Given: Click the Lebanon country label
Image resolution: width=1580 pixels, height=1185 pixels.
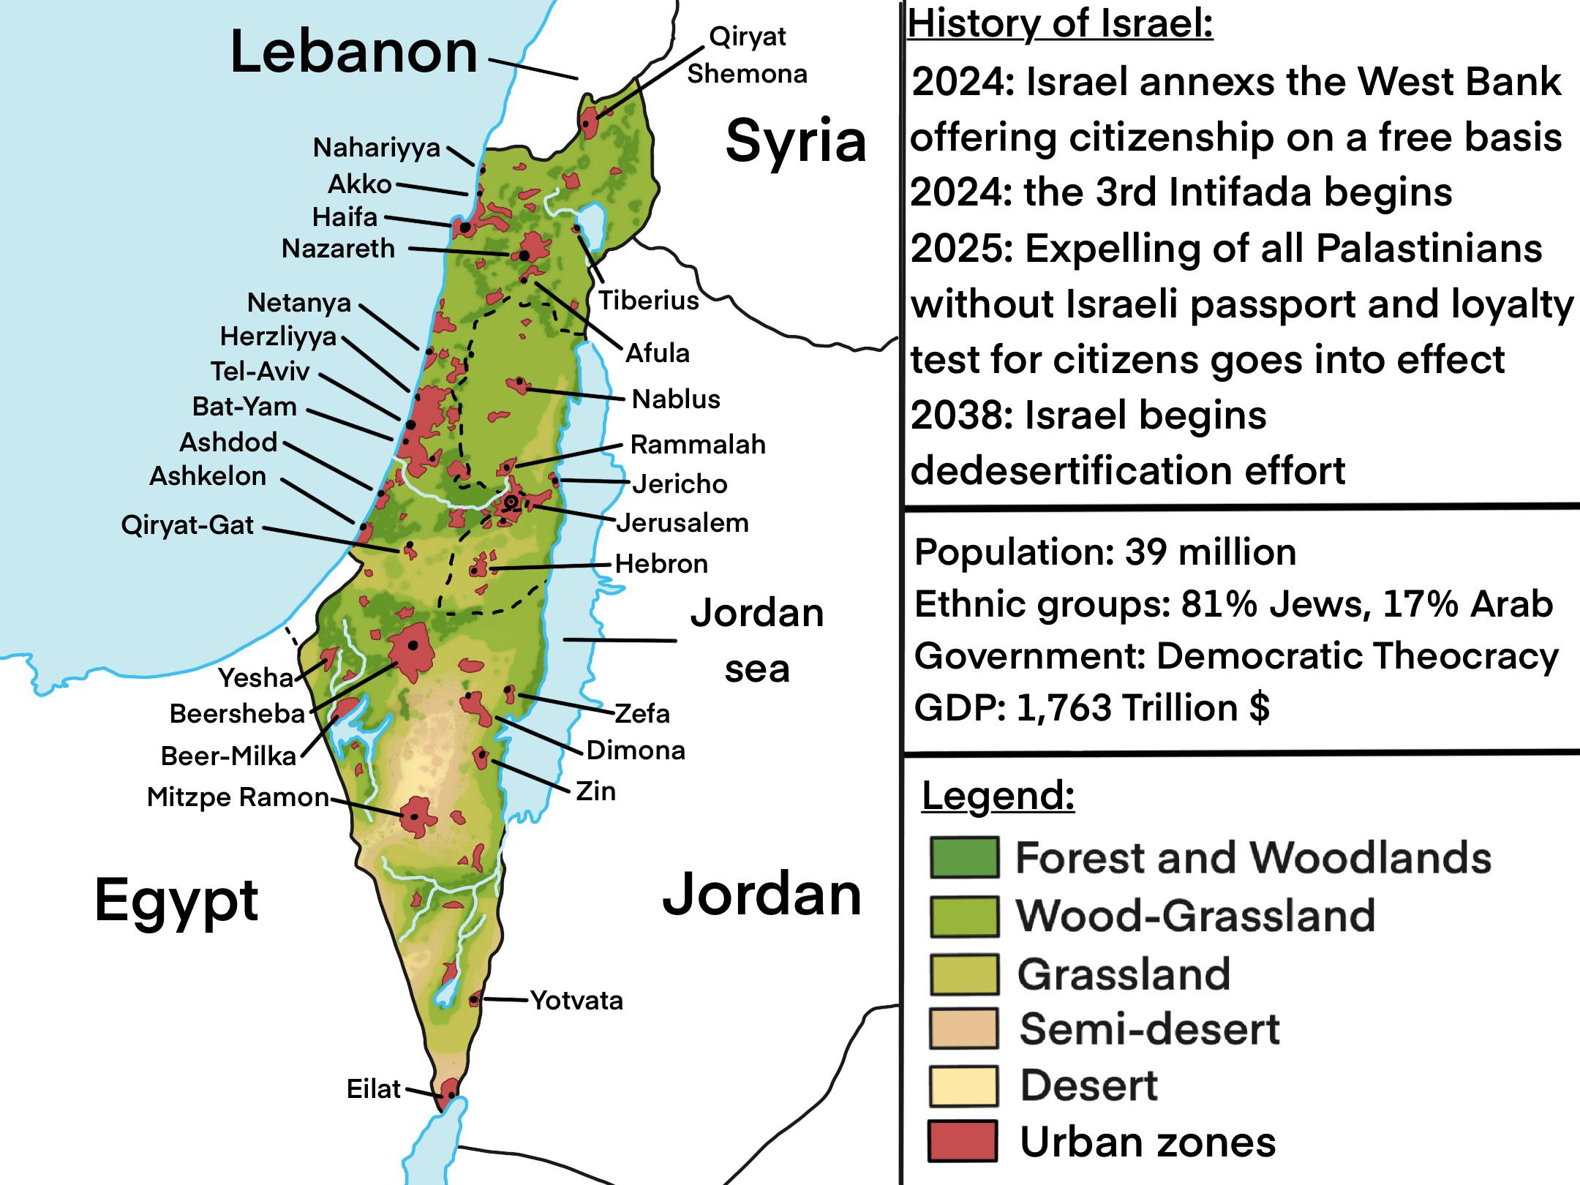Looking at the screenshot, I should coord(353,53).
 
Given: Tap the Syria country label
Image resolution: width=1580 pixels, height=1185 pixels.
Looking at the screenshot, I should coord(795,140).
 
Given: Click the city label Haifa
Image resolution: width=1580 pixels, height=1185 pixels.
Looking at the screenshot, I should coord(345,217).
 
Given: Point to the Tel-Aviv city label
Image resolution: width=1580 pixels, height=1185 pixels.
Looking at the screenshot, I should coord(260,372).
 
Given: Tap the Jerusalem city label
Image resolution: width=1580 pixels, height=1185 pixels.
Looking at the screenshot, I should coord(682,523).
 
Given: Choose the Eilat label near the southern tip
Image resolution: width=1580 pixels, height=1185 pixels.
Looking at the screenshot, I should coord(373,1089).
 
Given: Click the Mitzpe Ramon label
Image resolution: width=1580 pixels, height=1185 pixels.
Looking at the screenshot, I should coord(238,797).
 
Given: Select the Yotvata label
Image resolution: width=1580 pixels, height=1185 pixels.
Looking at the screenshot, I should coord(576,1001).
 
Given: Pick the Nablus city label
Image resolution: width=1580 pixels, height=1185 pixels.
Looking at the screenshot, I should coord(676,399).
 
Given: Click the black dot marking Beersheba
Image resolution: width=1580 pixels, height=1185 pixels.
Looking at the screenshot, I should coord(413,645).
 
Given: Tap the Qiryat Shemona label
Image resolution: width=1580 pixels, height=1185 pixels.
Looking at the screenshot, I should coord(747,55).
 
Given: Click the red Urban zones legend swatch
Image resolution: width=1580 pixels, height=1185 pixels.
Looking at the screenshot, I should coord(963,1141).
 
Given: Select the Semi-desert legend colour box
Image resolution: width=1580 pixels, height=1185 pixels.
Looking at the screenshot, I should coord(964,1028).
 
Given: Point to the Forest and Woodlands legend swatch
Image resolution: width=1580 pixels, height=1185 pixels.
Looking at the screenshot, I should coord(964,857).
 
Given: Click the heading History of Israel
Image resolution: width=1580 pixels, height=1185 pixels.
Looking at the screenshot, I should coord(1060,23).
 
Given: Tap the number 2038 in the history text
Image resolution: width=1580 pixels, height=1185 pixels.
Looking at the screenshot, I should coord(961,415).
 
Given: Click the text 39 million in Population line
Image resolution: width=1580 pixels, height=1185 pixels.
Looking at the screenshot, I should coord(1210,552).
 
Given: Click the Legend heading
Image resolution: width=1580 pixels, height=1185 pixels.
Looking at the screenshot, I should coord(998,795).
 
